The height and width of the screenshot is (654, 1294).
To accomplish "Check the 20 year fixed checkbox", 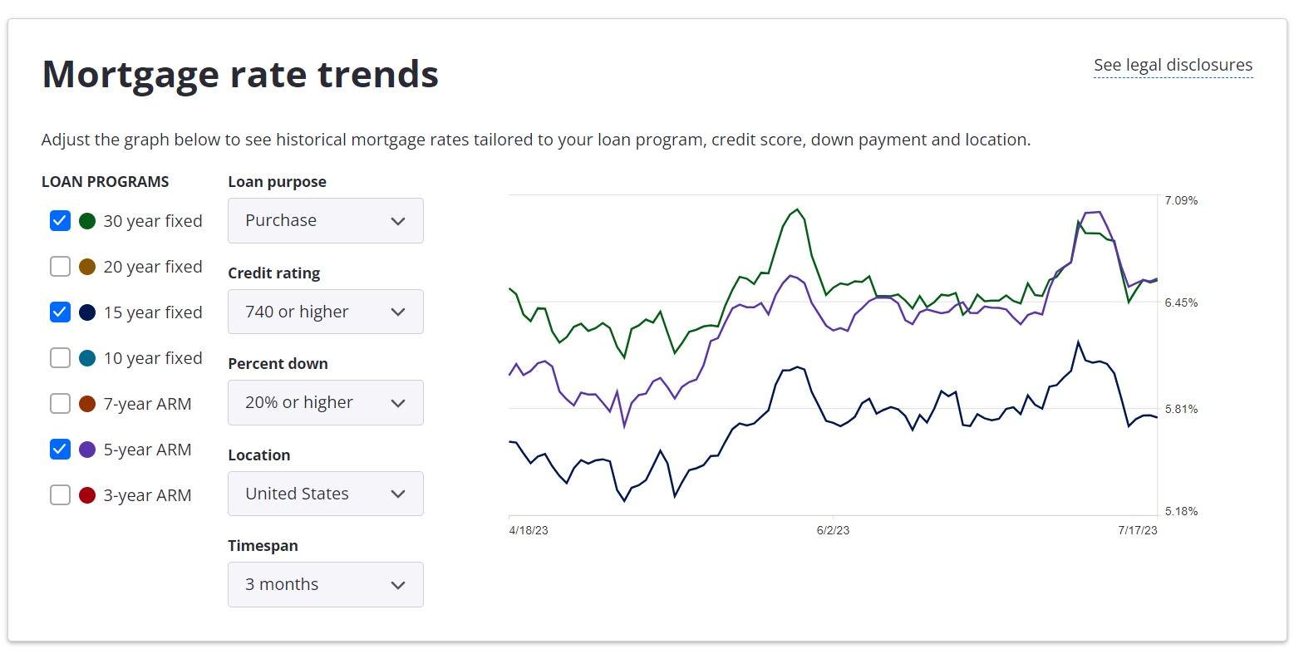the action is click(x=60, y=267).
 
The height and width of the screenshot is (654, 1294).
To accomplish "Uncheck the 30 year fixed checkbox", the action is click(x=60, y=221).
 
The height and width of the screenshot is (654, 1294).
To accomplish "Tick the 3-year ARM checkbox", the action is click(x=60, y=495).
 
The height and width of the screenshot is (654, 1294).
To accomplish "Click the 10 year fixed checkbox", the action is click(x=60, y=357).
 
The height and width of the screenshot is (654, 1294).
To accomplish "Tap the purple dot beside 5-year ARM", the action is click(x=87, y=450).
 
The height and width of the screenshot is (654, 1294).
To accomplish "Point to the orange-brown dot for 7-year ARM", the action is click(x=87, y=403).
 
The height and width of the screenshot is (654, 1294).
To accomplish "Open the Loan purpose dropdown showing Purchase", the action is click(x=325, y=221).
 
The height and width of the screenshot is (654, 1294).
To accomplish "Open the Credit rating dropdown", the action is click(x=325, y=312).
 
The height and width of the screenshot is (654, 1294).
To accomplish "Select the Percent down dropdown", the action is click(x=325, y=403).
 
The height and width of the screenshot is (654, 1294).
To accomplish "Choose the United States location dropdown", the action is click(x=325, y=494).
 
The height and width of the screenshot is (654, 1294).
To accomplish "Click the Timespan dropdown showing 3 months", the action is click(x=325, y=585).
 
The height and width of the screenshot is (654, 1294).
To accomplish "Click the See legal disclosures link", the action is click(x=1173, y=66).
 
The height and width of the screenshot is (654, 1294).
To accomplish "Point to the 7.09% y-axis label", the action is click(x=1181, y=200).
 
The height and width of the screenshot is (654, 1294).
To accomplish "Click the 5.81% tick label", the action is click(x=1181, y=409).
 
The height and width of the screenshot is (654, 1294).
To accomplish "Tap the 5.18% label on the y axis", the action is click(x=1181, y=511).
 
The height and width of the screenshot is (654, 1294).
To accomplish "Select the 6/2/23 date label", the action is click(x=833, y=530).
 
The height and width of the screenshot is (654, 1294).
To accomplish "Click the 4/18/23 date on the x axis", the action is click(x=529, y=530).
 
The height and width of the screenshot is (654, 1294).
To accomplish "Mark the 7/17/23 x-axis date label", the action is click(x=1138, y=530).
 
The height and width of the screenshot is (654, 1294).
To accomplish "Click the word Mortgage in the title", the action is click(x=131, y=76).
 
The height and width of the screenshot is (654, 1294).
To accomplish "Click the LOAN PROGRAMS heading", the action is click(x=106, y=181).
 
